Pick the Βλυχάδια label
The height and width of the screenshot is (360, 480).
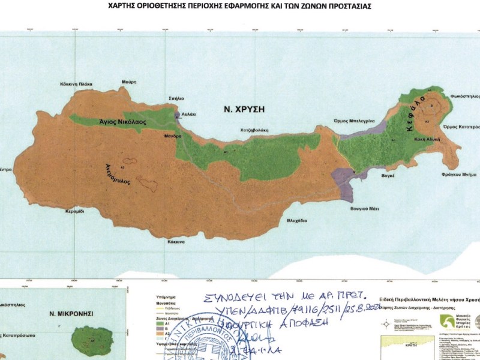coord(296,220)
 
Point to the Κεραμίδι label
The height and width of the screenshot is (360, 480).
coord(79,212)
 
